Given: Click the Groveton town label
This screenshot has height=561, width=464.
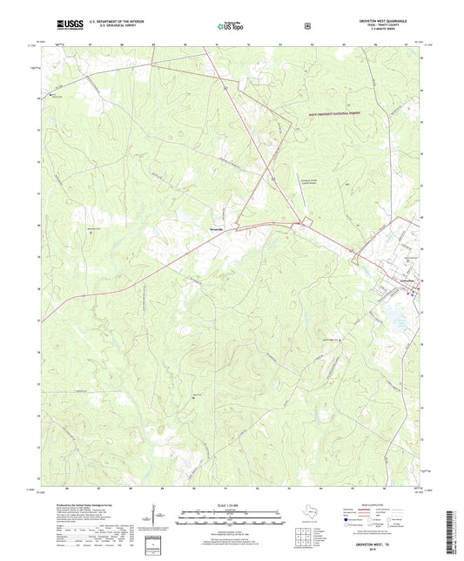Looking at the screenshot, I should click(x=404, y=280).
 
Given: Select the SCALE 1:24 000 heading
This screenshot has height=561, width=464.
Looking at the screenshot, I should click(x=232, y=505).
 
